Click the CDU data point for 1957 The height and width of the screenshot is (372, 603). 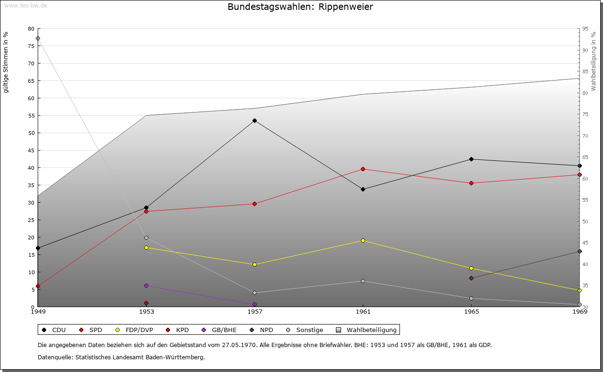click(254, 121)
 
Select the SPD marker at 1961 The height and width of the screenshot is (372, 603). click(363, 169)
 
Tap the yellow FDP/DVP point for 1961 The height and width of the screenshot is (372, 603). click(363, 241)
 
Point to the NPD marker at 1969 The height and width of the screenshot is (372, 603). click(579, 252)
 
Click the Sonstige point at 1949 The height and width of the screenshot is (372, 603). click(38, 39)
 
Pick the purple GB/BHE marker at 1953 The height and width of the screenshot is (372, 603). click(146, 286)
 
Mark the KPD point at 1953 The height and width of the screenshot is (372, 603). click(146, 303)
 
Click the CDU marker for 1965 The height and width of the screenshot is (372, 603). click(471, 159)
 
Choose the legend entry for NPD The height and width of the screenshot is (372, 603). click(262, 330)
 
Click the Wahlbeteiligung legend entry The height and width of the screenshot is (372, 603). click(367, 330)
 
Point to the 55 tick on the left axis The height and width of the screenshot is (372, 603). click(31, 116)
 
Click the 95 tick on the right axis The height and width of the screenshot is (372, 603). click(585, 29)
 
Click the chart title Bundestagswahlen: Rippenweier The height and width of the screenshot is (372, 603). click(301, 7)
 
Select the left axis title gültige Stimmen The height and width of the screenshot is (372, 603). click(6, 62)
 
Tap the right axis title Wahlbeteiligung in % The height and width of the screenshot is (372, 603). click(594, 62)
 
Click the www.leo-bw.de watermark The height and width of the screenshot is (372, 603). click(25, 5)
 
